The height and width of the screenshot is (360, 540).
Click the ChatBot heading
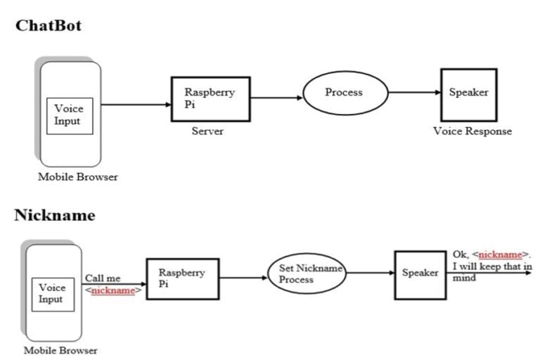[x=49, y=26]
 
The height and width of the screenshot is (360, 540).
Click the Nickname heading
[x=54, y=215]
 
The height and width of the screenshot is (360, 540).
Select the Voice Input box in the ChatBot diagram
[x=69, y=115]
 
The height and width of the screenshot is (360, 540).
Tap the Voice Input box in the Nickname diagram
[x=51, y=293]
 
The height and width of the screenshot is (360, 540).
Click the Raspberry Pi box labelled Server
[x=210, y=99]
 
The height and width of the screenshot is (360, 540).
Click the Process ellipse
[x=345, y=93]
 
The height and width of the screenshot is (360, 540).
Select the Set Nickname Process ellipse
[x=307, y=274]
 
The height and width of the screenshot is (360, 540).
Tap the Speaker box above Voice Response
[x=468, y=93]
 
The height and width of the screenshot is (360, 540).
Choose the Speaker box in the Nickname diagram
[x=420, y=273]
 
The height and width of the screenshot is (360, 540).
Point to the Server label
[x=207, y=131]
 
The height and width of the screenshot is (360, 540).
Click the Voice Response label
[x=472, y=131]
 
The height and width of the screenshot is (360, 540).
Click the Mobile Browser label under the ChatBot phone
[x=78, y=177]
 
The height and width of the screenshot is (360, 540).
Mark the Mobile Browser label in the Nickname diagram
[x=60, y=350]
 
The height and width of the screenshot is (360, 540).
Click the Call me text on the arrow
[x=103, y=278]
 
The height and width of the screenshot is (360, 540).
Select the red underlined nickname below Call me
[x=112, y=290]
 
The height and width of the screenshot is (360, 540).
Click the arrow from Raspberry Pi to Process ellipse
[x=276, y=98]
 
